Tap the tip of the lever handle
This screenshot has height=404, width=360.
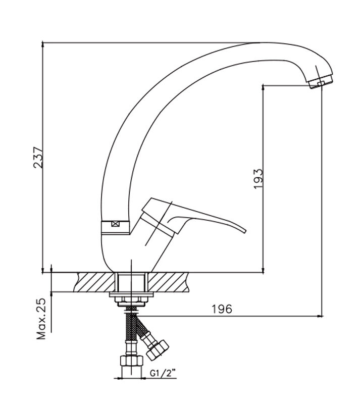pos(244,231)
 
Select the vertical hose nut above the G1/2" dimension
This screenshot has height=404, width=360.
pos(131,362)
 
